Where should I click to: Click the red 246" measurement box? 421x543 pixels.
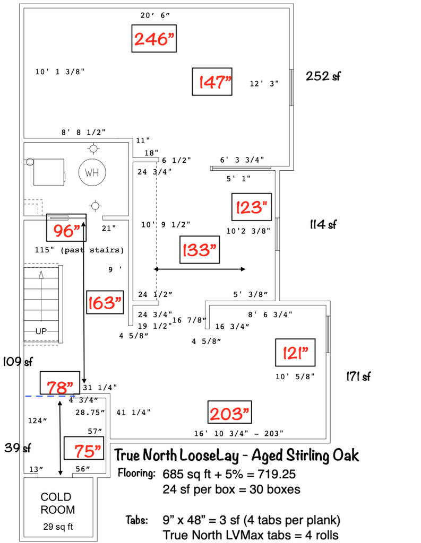[x=154, y=38]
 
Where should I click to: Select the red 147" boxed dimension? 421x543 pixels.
[x=212, y=82]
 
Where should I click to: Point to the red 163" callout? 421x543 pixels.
[x=105, y=302]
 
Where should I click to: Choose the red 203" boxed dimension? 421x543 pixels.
[x=229, y=413]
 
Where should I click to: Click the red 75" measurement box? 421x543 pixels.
[x=84, y=450]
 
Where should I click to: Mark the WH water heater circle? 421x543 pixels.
[x=92, y=172]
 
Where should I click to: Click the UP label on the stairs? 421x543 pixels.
[x=41, y=331]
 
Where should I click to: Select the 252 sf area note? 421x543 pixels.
[x=323, y=76]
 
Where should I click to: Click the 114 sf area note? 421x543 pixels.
[x=324, y=225]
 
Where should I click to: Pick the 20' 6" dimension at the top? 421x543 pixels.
[x=155, y=15]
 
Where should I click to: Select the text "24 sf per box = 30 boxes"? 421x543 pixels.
[x=231, y=489]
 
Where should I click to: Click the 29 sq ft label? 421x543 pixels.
[x=58, y=527]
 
